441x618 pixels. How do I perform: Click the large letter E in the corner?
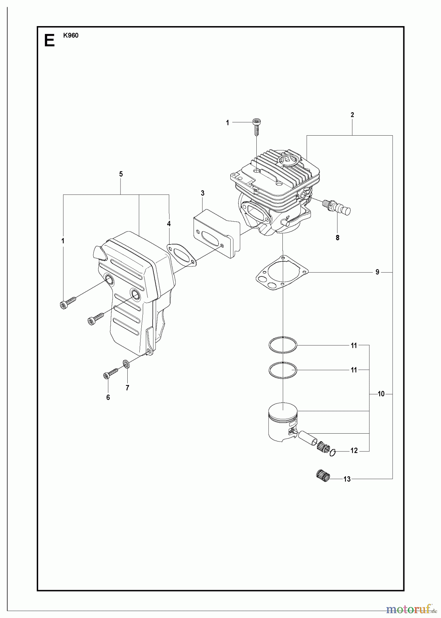[x=49, y=41]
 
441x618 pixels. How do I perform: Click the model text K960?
[x=71, y=35]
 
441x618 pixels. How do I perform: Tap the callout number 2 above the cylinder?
[x=352, y=115]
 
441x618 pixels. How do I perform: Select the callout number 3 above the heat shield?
[x=203, y=193]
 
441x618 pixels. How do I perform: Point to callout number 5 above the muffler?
[x=121, y=174]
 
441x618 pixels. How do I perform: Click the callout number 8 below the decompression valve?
[x=337, y=238]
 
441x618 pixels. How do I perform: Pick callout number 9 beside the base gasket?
[x=377, y=272]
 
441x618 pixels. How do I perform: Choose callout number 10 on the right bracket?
[x=381, y=394]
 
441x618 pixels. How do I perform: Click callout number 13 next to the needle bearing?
[x=347, y=479]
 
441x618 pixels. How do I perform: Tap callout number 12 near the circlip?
[x=354, y=451]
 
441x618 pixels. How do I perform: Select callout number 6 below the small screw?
[x=108, y=398]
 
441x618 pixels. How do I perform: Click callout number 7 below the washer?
[x=127, y=388]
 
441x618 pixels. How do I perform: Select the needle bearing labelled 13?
[x=323, y=476]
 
